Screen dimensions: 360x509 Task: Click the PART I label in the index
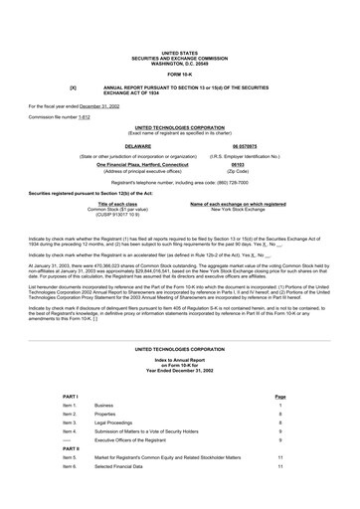point(71,396)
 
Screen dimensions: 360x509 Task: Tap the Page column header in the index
point(280,396)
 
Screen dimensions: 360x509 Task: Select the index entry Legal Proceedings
point(117,423)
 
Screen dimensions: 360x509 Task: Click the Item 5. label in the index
point(70,456)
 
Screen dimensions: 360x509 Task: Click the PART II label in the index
point(72,447)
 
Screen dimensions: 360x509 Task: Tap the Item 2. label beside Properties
point(70,414)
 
